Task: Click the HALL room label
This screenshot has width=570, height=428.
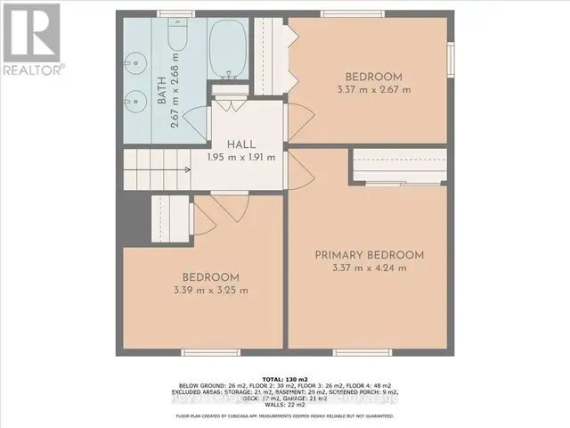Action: tap(242, 144)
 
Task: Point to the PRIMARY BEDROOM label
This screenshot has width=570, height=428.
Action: tap(369, 254)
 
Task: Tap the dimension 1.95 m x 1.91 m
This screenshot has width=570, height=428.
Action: tap(242, 157)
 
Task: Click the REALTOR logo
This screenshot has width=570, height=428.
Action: tap(31, 40)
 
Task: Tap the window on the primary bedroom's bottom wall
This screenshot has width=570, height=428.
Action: tap(368, 350)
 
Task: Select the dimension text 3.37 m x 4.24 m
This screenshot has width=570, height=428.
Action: tap(369, 267)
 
